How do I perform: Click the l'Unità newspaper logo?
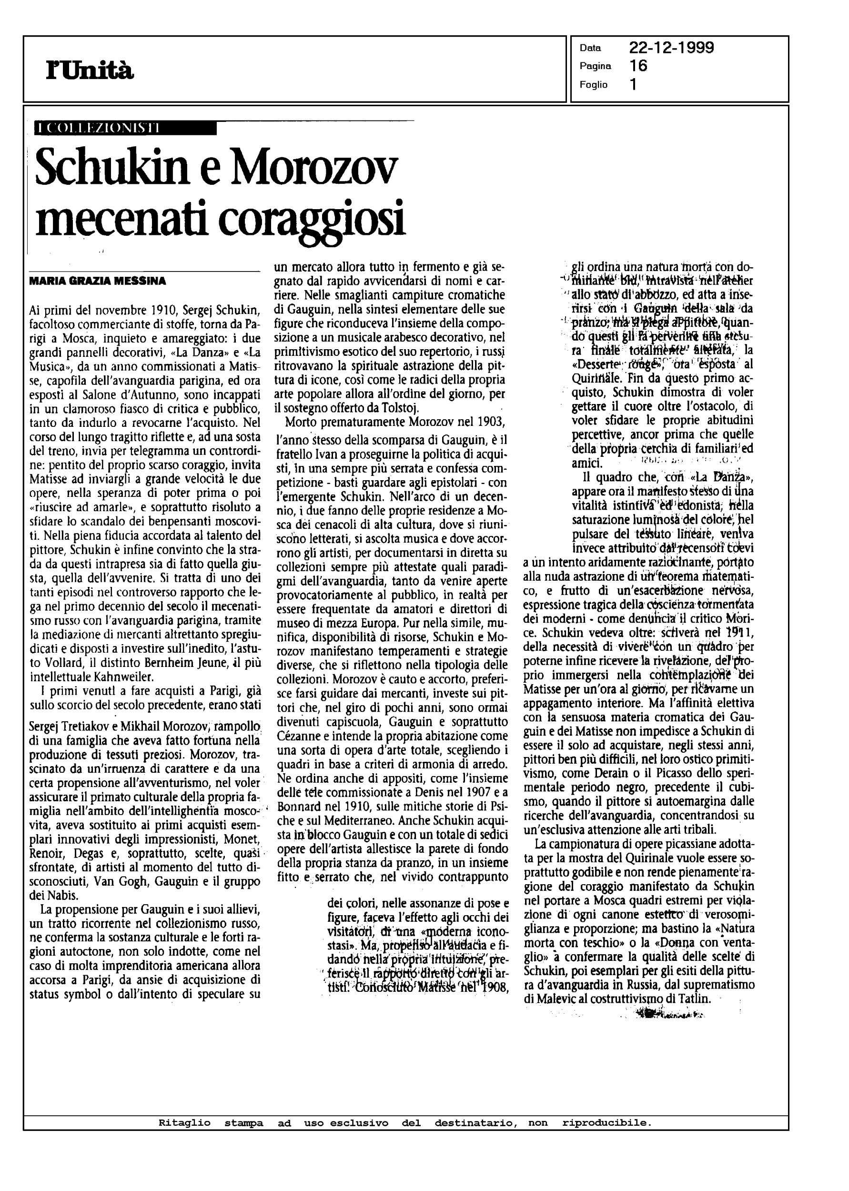[90, 70]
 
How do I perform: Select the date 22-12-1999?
[671, 48]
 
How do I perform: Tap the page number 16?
[638, 66]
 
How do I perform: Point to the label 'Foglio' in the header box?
[593, 85]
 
